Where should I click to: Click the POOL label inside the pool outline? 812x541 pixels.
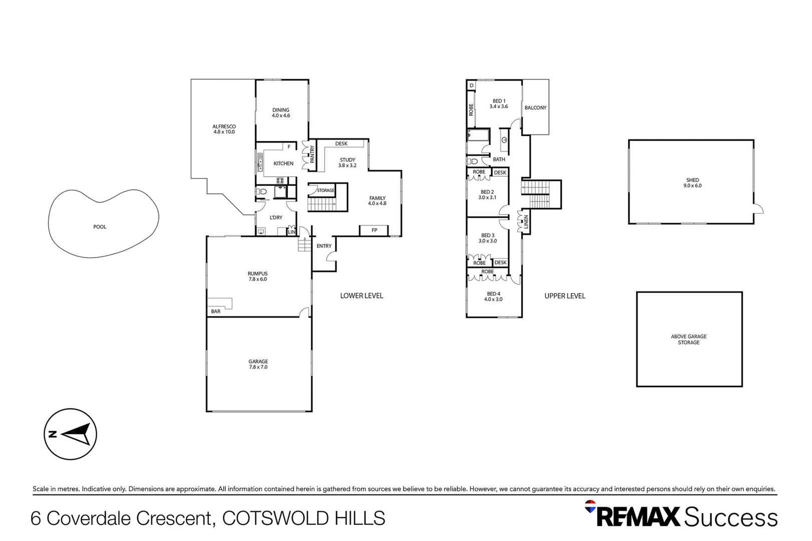pos(100,227)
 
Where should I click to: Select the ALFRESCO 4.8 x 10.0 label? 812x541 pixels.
pos(224,129)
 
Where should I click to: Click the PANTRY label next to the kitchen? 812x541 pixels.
pos(312,154)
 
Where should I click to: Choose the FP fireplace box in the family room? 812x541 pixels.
pos(374,230)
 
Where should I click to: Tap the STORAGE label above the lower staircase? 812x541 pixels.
pos(326,190)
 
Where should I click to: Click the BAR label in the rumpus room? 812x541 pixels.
pos(215,312)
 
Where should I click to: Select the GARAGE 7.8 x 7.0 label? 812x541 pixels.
pos(258,364)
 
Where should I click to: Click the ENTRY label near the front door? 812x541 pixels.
pos(324,246)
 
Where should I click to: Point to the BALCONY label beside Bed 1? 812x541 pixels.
pos(535,108)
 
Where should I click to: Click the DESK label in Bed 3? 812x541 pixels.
pos(500,262)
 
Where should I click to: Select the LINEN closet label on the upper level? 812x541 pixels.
pos(526,222)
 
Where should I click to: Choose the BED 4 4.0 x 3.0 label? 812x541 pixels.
pos(493,297)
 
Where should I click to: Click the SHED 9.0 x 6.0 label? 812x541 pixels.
pos(692,183)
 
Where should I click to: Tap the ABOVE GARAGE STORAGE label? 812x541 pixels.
pos(688,340)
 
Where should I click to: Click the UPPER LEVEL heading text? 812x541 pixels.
pos(565,296)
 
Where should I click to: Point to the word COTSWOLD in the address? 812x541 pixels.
pos(269,518)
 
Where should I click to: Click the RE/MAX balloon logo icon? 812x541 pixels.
pos(591,506)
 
